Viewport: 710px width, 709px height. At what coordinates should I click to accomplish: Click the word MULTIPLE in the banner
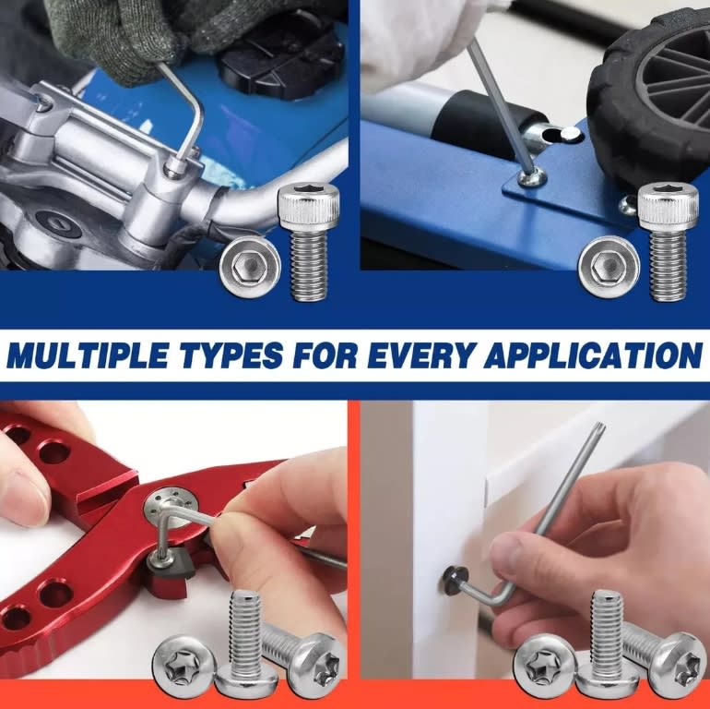pyautogui.click(x=89, y=355)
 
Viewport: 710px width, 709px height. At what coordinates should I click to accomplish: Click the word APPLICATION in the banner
pyautogui.click(x=593, y=355)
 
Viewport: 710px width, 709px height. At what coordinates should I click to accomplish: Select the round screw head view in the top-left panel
pyautogui.click(x=250, y=267)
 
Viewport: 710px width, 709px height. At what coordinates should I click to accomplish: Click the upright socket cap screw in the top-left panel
pyautogui.click(x=309, y=242)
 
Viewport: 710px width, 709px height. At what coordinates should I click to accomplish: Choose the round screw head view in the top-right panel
pyautogui.click(x=609, y=267)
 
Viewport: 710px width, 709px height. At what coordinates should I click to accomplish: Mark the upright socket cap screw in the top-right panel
pyautogui.click(x=669, y=242)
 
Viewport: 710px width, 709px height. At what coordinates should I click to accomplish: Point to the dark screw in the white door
pyautogui.click(x=454, y=581)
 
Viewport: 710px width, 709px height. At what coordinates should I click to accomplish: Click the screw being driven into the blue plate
pyautogui.click(x=532, y=177)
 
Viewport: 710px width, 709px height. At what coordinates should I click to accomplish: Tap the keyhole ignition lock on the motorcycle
pyautogui.click(x=58, y=224)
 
